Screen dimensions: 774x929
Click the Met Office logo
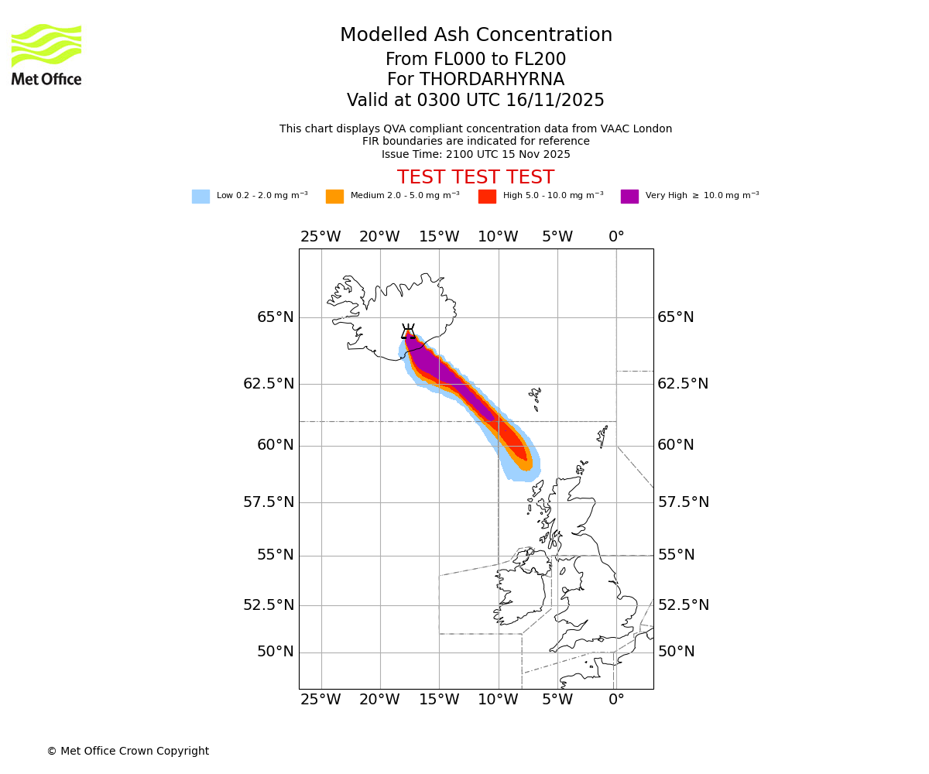[46, 54]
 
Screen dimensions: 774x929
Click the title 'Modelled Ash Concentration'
[476, 36]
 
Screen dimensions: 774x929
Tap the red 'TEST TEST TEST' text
[475, 177]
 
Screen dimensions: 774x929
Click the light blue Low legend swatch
[201, 197]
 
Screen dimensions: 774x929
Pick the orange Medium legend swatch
[334, 197]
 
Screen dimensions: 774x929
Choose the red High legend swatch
[487, 197]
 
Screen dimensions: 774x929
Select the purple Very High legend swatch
[629, 197]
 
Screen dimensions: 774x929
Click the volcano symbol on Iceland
[408, 331]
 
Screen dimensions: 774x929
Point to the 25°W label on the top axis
[321, 237]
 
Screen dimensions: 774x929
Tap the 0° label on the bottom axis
[616, 700]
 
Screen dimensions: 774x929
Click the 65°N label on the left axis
[276, 317]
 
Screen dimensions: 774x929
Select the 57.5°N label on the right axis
[684, 502]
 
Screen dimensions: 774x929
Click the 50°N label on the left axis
[276, 652]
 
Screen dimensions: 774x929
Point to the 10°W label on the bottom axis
[498, 700]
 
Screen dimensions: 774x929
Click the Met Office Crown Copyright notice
[128, 751]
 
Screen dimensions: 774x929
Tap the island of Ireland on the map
[520, 592]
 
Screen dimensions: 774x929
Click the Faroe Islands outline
[535, 398]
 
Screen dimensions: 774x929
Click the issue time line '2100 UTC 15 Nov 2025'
[475, 154]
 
